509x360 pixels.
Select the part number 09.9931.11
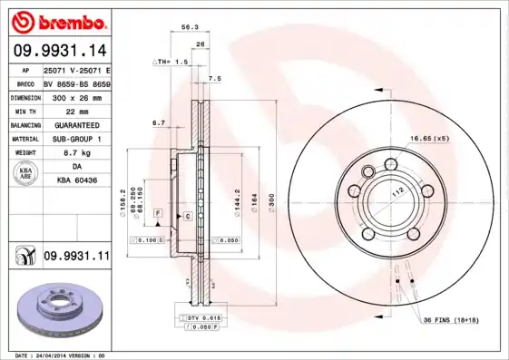76,257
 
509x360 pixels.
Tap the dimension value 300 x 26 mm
75,95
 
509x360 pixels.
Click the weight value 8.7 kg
75,153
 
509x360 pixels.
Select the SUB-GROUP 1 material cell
75,139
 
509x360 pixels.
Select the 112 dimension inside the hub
396,193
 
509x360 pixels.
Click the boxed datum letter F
158,211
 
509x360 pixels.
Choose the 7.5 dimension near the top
214,79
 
